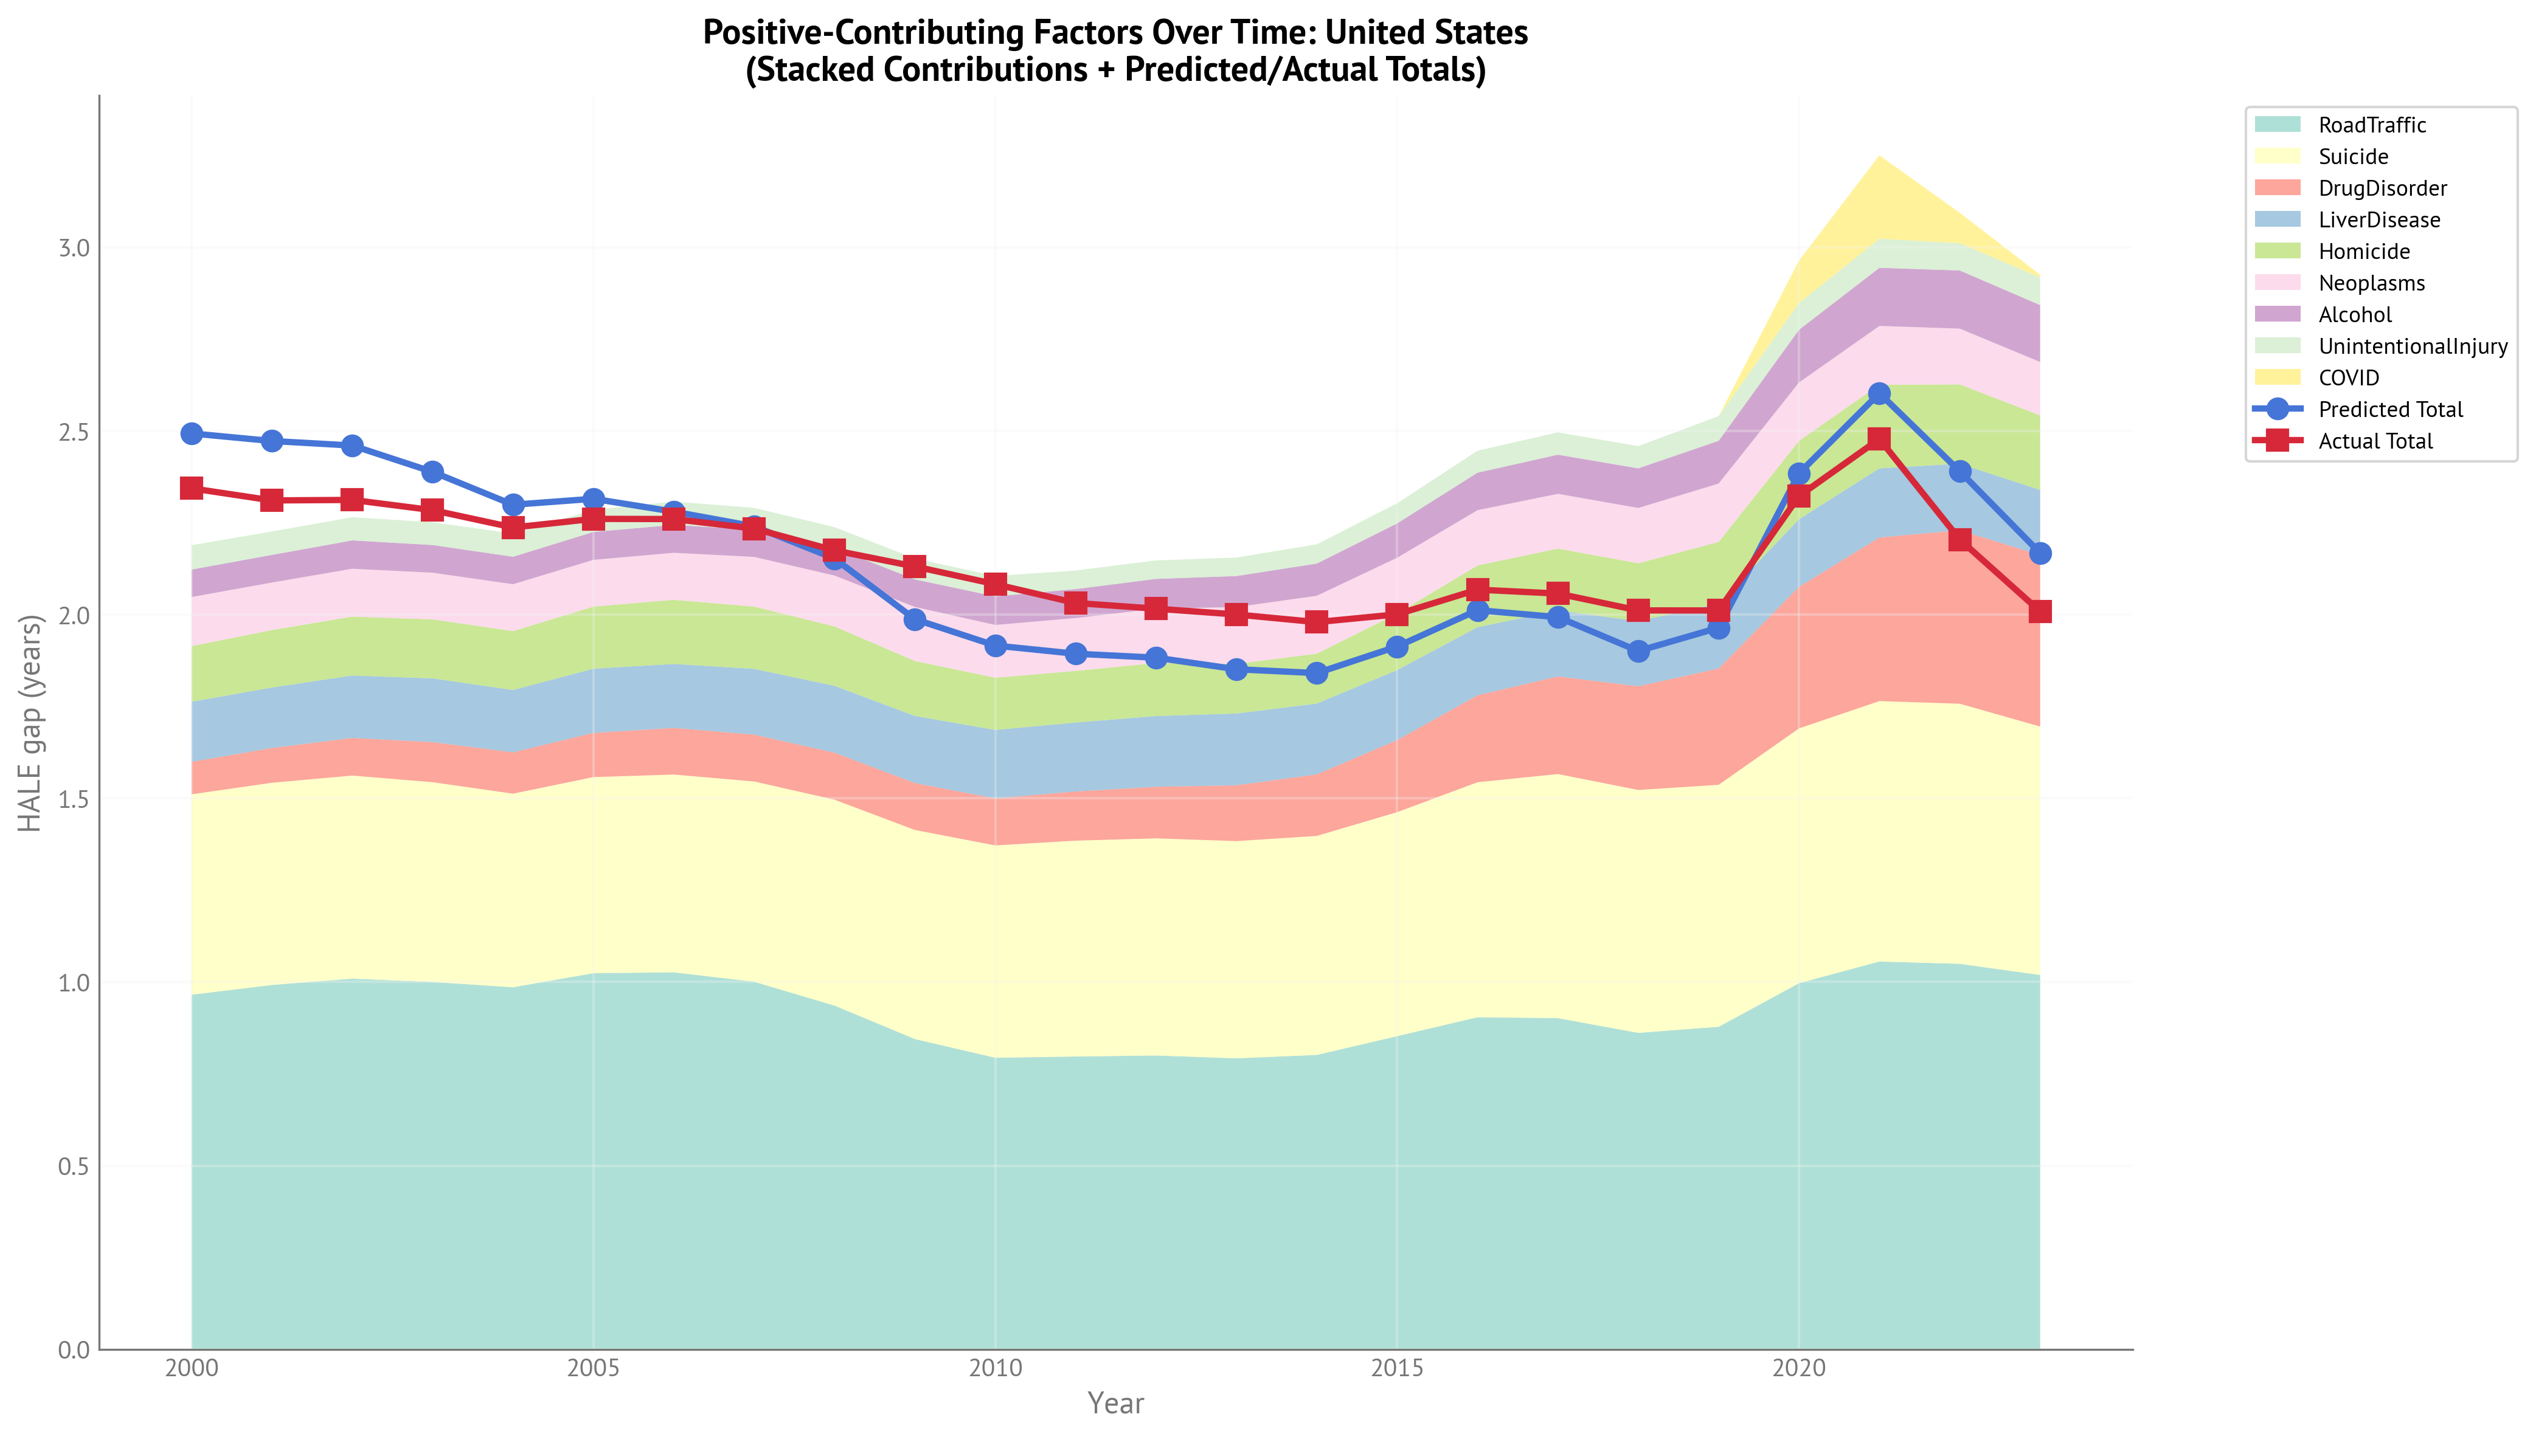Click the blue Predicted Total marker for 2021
[x=1879, y=394]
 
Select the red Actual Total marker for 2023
[x=2040, y=612]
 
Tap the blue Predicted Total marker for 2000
[x=192, y=433]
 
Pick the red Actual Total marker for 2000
[x=192, y=489]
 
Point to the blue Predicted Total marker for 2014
[x=1317, y=673]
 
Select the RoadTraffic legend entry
[x=2371, y=125]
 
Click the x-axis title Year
[x=1115, y=1404]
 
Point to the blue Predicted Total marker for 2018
[x=1638, y=652]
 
